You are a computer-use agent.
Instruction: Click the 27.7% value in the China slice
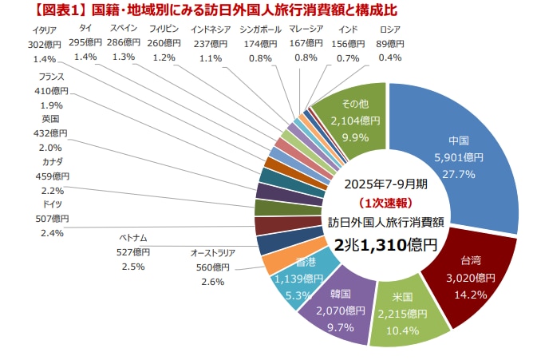pyautogui.click(x=460, y=173)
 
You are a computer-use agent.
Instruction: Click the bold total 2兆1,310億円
pyautogui.click(x=386, y=244)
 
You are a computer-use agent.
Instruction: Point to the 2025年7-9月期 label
pyautogui.click(x=386, y=184)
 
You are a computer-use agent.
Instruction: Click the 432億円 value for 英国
pyautogui.click(x=53, y=133)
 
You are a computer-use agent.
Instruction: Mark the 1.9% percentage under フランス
pyautogui.click(x=50, y=105)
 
